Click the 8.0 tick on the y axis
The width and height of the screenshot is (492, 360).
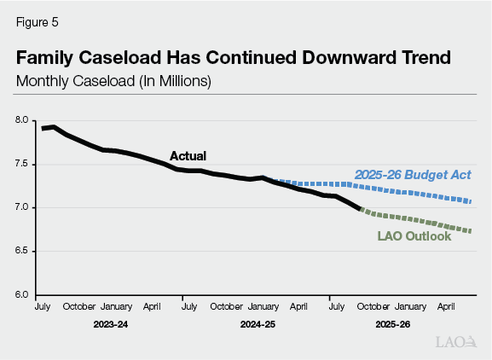pos(22,120)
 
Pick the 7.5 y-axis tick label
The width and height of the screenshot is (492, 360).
pos(22,164)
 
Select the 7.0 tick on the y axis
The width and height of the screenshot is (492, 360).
pos(22,207)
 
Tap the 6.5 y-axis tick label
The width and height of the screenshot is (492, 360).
pos(22,252)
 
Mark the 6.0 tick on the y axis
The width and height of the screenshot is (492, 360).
pos(22,295)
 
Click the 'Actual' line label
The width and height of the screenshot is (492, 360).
pos(188,156)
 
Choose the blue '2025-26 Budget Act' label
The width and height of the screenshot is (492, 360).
pos(413,175)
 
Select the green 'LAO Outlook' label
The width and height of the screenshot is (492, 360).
pos(415,235)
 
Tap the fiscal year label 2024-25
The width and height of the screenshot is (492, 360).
pos(258,325)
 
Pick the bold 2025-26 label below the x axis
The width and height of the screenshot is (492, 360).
pos(392,325)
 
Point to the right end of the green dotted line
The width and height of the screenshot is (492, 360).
pos(471,231)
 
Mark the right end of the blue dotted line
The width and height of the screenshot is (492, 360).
pos(471,202)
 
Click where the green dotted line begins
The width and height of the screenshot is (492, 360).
pos(361,209)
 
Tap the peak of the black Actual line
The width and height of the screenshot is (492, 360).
pos(54,127)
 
